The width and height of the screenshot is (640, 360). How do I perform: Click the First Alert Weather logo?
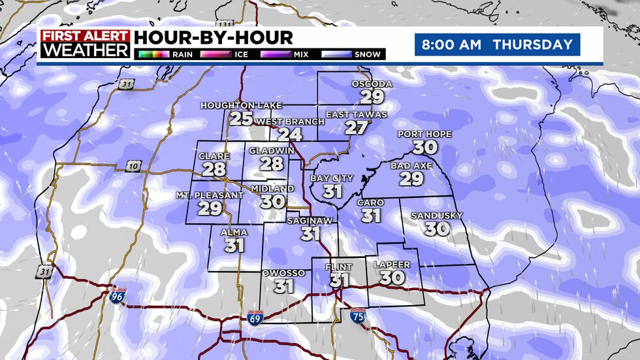(85, 44)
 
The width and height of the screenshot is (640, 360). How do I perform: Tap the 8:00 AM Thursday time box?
(497, 45)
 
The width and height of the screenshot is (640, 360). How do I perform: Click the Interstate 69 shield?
(255, 319)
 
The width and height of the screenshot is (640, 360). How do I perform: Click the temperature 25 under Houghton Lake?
(241, 118)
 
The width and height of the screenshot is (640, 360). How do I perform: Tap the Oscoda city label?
(372, 84)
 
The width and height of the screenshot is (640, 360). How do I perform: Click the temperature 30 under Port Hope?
(425, 147)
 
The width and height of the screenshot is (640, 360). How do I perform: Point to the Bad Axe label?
(411, 166)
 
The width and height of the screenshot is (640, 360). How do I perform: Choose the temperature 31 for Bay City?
(332, 191)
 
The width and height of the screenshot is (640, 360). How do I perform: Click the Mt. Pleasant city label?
(200, 195)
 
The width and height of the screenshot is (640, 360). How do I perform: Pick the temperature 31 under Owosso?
(283, 286)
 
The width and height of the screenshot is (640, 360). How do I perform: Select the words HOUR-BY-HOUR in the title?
(214, 38)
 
